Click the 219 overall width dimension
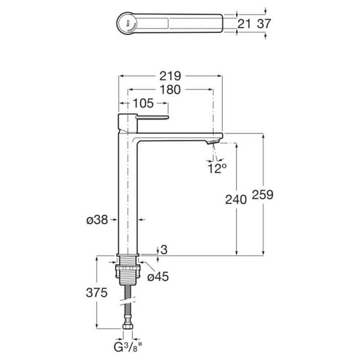(170, 76)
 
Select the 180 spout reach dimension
(170, 90)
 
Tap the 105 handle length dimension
(143, 103)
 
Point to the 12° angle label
(217, 168)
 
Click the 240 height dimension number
(236, 199)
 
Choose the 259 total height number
(263, 195)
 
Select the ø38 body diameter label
(97, 220)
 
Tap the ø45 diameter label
(158, 277)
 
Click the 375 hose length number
(97, 293)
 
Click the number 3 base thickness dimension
(164, 250)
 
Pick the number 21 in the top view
(244, 24)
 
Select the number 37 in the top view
(264, 24)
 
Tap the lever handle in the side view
(153, 117)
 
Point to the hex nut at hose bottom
(128, 326)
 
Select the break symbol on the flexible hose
(128, 301)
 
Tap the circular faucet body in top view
(127, 23)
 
